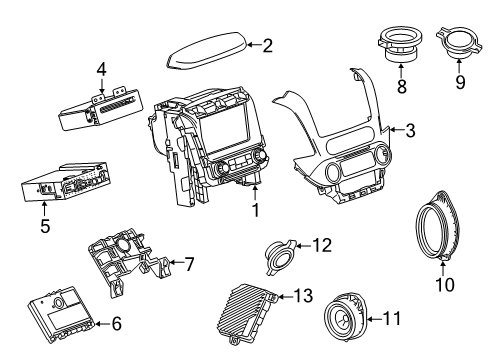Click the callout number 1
(x=255, y=211)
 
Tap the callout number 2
(x=267, y=44)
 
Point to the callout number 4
(x=101, y=69)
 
